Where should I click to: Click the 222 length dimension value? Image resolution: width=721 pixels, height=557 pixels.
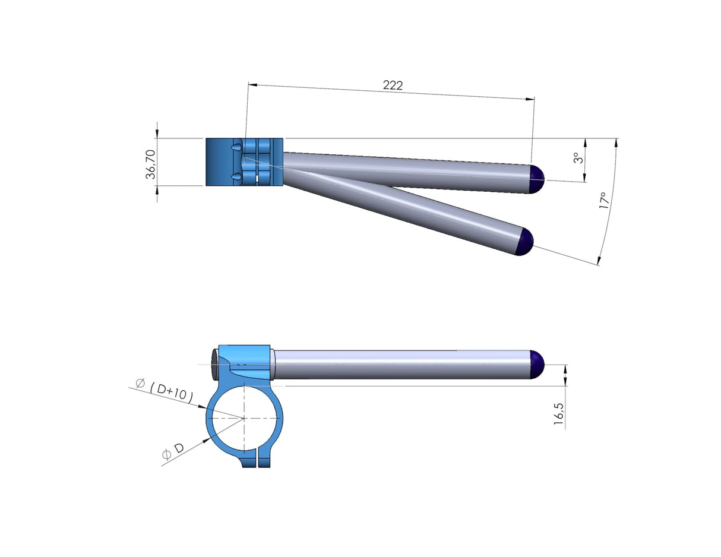(393, 86)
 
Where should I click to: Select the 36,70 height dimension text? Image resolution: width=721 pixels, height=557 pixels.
(150, 164)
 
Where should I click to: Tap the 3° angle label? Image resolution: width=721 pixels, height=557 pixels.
(576, 159)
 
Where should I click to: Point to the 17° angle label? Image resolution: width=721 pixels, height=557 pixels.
(604, 200)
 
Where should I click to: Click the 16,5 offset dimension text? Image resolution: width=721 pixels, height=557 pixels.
(558, 413)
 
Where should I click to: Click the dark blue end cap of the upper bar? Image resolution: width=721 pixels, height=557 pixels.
(537, 179)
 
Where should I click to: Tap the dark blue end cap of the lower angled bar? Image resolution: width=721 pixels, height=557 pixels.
(525, 242)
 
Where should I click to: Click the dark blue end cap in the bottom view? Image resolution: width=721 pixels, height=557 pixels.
(537, 365)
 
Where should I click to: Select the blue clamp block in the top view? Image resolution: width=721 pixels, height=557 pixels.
(244, 162)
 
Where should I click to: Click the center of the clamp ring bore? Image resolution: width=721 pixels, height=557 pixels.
(244, 418)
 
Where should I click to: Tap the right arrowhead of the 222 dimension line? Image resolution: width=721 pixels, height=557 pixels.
(530, 99)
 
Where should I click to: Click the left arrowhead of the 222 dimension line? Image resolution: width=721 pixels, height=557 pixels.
(252, 85)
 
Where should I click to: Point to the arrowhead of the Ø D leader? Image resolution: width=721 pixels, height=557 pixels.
(207, 440)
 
